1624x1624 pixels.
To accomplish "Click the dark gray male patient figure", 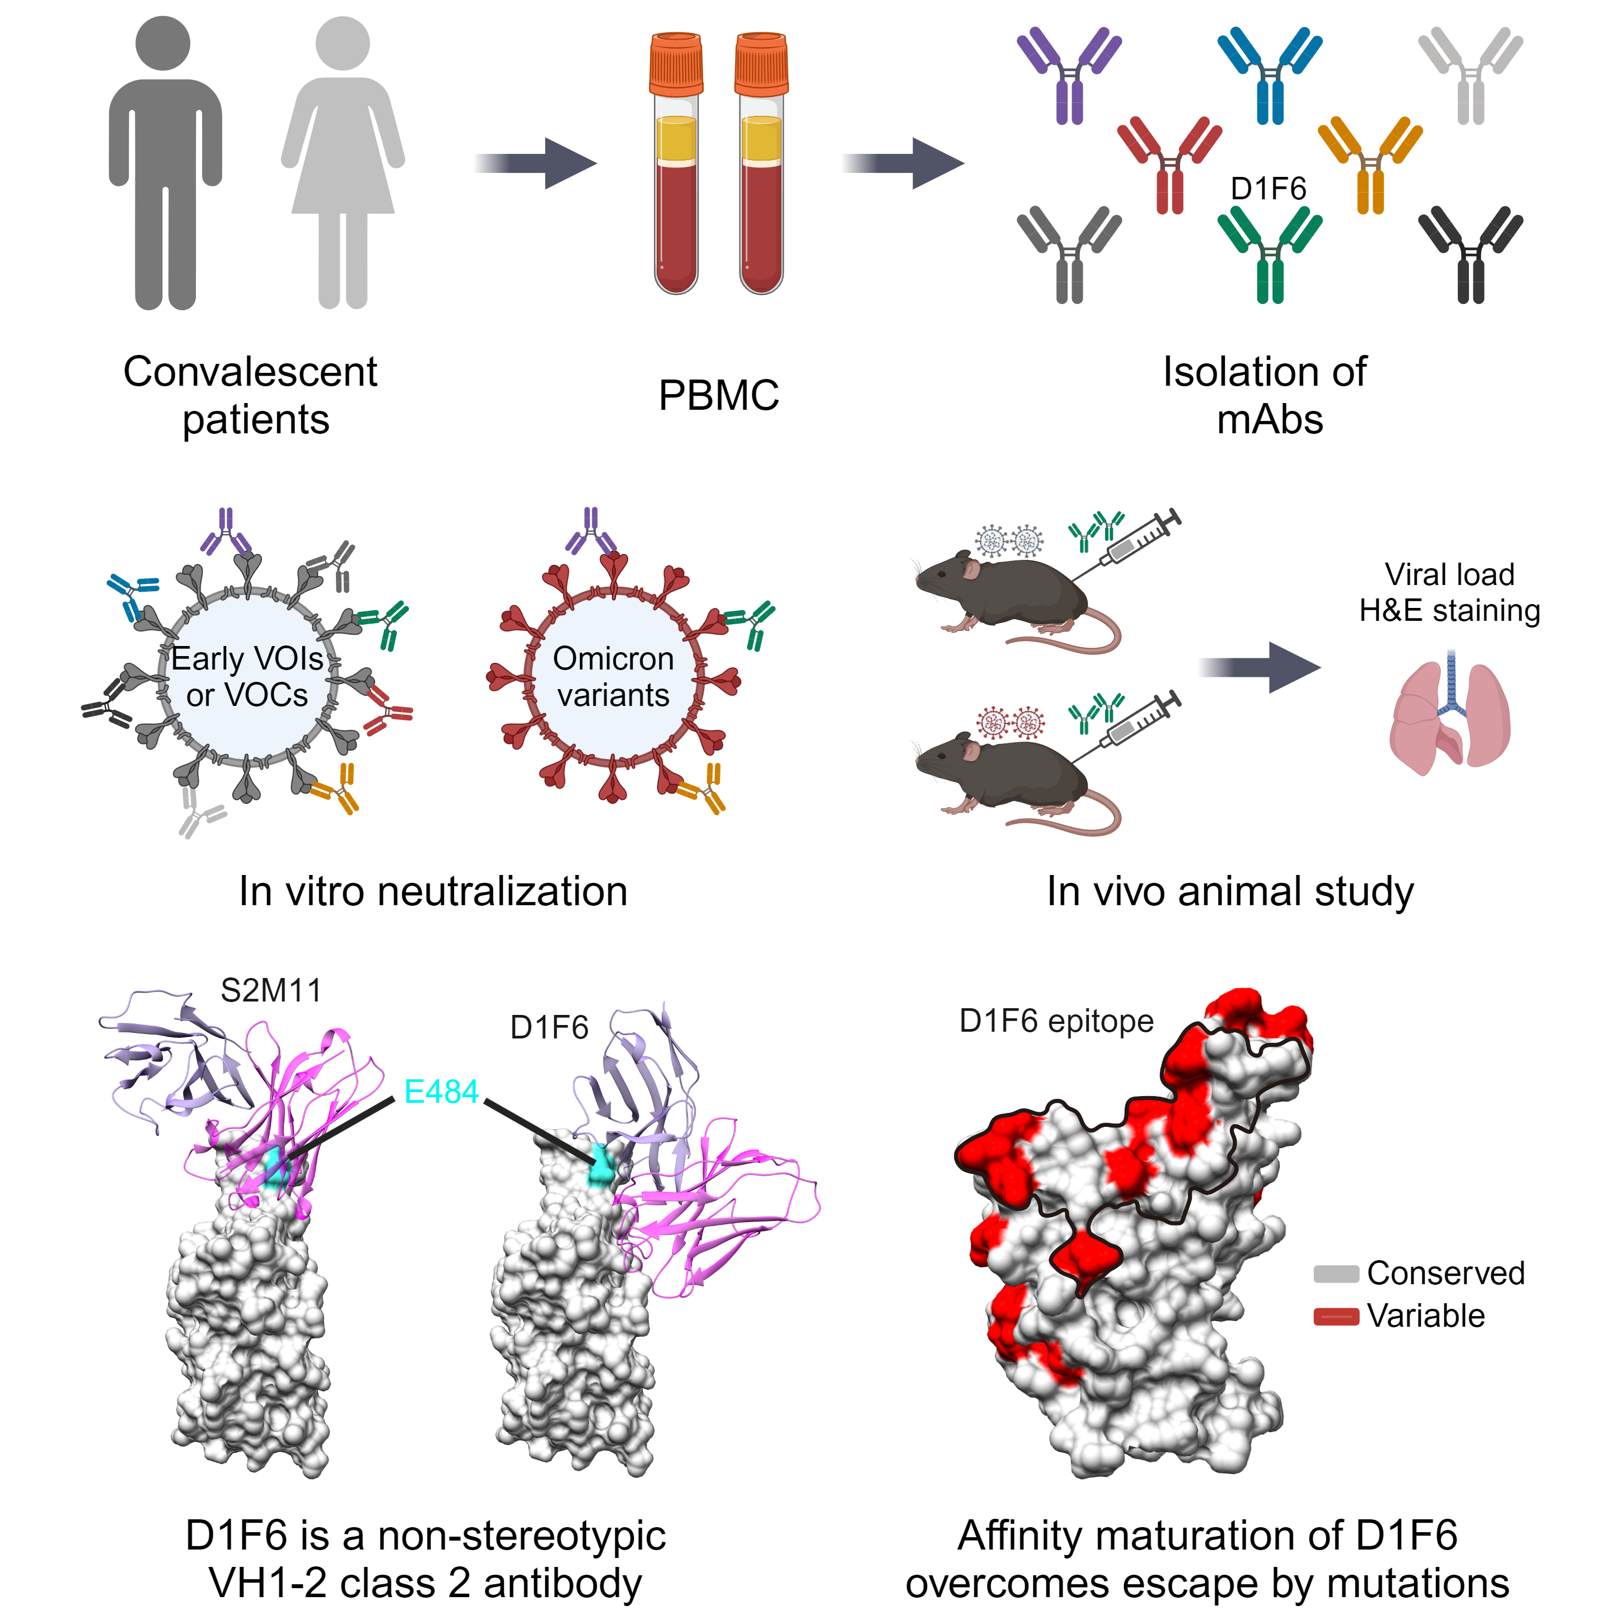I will click(165, 168).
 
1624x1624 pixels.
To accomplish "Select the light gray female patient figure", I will click(343, 168).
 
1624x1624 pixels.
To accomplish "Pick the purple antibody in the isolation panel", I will click(1068, 76).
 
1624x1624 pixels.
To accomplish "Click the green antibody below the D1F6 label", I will click(1269, 252).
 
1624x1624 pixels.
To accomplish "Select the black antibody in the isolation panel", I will click(1470, 252).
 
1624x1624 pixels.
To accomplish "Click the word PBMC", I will click(719, 395).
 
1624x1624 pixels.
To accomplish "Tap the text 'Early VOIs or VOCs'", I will click(247, 677).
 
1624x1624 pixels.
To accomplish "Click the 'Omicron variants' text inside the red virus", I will click(613, 677).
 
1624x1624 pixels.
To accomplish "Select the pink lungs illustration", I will click(1449, 714).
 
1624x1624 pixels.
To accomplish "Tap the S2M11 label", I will click(271, 990).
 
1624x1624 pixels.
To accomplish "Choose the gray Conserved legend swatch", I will click(1336, 1274).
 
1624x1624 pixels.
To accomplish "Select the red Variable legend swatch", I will click(1336, 1316).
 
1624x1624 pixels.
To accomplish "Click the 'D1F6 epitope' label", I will click(1056, 1021).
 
